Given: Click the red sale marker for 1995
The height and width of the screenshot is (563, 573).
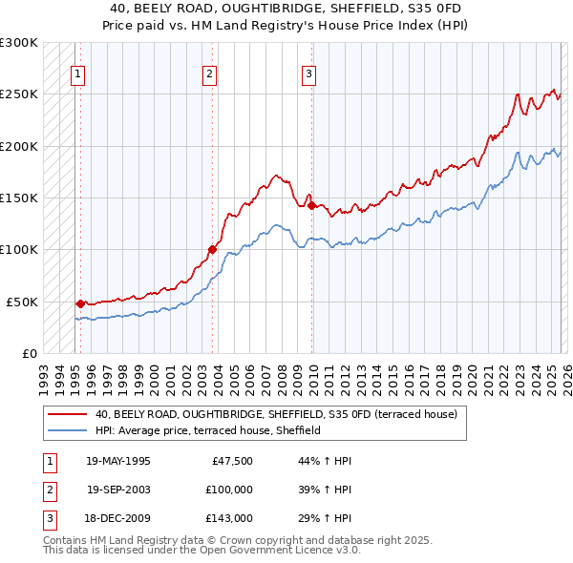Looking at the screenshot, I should pyautogui.click(x=80, y=303).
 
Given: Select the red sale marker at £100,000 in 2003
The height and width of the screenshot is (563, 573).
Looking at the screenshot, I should pyautogui.click(x=212, y=249).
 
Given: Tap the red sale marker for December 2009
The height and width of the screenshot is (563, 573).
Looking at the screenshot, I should pyautogui.click(x=311, y=204).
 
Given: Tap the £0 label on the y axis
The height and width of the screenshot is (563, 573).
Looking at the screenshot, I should pyautogui.click(x=28, y=353).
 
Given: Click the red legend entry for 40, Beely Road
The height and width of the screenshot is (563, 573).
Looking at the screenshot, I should pyautogui.click(x=276, y=414).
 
